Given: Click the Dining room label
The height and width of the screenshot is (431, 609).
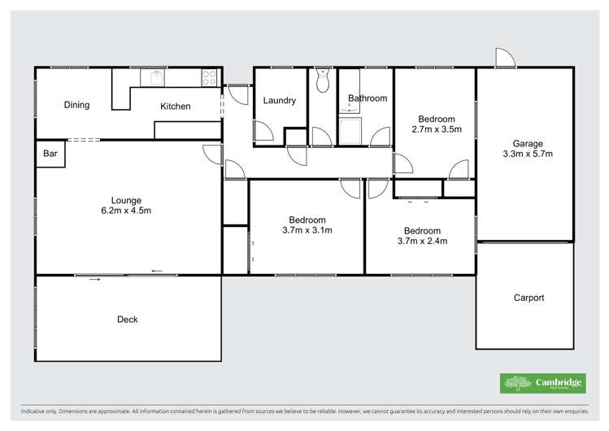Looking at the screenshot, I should pyautogui.click(x=76, y=105).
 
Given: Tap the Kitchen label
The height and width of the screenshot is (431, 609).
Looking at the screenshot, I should pyautogui.click(x=175, y=107).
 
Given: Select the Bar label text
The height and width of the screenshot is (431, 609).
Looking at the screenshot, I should pyautogui.click(x=50, y=153).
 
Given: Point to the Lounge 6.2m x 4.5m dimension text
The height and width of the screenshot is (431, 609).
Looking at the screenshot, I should pyautogui.click(x=126, y=211).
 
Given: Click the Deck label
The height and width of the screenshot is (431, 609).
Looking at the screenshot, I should pyautogui.click(x=127, y=320).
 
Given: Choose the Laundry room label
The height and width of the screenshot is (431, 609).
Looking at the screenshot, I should pyautogui.click(x=279, y=101).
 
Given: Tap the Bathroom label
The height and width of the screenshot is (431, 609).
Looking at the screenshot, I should pyautogui.click(x=368, y=98).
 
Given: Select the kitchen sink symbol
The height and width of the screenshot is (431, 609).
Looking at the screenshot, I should pyautogui.click(x=152, y=78).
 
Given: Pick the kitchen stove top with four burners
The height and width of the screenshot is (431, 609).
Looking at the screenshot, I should pyautogui.click(x=209, y=78).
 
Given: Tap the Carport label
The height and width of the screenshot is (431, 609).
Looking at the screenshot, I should pyautogui.click(x=529, y=298).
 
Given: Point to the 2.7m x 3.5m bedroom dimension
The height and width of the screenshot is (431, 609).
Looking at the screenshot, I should pyautogui.click(x=437, y=129).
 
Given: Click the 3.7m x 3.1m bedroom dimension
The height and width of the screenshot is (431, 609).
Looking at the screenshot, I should pyautogui.click(x=307, y=230).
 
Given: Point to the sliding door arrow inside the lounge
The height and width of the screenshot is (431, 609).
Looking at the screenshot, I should pyautogui.click(x=156, y=271).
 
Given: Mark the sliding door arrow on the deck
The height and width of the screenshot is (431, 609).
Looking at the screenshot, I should pyautogui.click(x=95, y=280).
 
